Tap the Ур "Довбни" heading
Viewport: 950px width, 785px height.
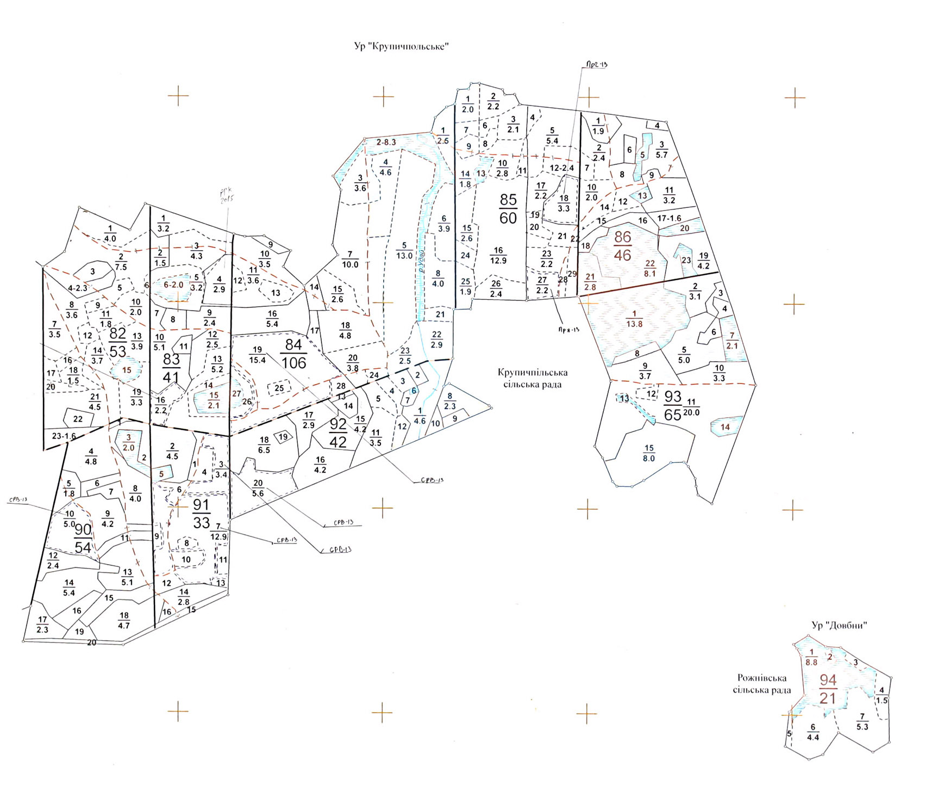point(839,625)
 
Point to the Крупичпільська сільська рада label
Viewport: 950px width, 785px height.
point(532,378)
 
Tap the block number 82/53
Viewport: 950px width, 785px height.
point(118,342)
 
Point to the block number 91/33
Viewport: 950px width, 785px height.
point(201,514)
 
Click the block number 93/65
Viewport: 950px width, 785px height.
point(672,406)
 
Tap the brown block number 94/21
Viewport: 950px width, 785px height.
point(827,689)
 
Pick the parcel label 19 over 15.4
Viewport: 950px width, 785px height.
point(257,355)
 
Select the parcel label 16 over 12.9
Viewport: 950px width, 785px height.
point(498,255)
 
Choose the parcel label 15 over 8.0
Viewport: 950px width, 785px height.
point(649,453)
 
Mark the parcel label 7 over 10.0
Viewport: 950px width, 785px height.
point(350,259)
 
